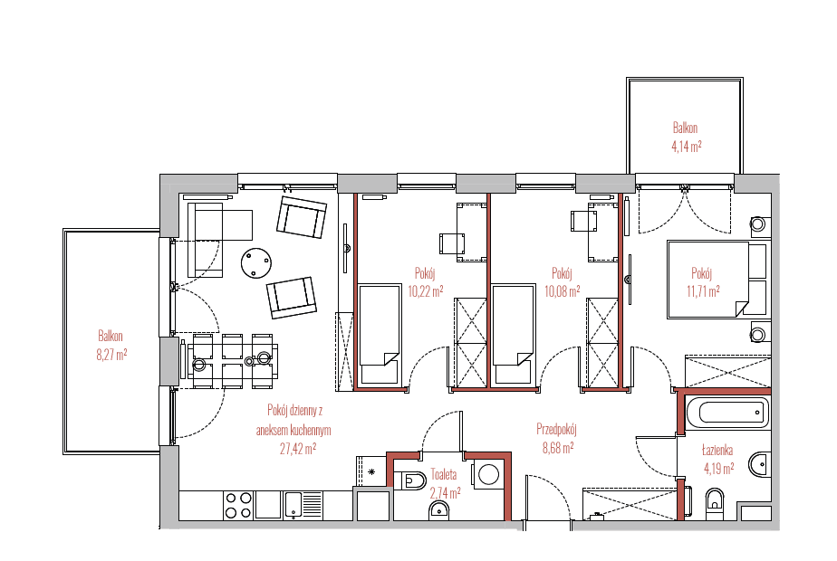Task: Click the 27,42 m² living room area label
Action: click(x=298, y=449)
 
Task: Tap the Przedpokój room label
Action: click(x=556, y=429)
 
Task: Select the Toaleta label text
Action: click(x=444, y=474)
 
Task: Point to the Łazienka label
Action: click(x=717, y=451)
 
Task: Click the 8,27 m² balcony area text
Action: click(x=111, y=355)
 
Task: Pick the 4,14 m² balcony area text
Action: click(x=686, y=146)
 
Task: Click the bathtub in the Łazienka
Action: click(x=727, y=413)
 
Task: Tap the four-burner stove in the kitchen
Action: click(x=238, y=505)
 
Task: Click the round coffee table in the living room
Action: click(x=256, y=263)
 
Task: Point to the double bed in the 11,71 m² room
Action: click(x=717, y=280)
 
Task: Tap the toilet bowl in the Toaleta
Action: click(x=410, y=481)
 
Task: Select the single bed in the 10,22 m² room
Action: click(x=380, y=335)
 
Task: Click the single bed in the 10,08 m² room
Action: click(x=513, y=335)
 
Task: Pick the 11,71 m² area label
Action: click(x=703, y=291)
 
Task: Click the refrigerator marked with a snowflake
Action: click(x=371, y=471)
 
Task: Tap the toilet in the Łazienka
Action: click(x=715, y=503)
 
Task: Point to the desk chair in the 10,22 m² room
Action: click(x=452, y=243)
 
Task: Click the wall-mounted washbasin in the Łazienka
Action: click(x=760, y=464)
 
